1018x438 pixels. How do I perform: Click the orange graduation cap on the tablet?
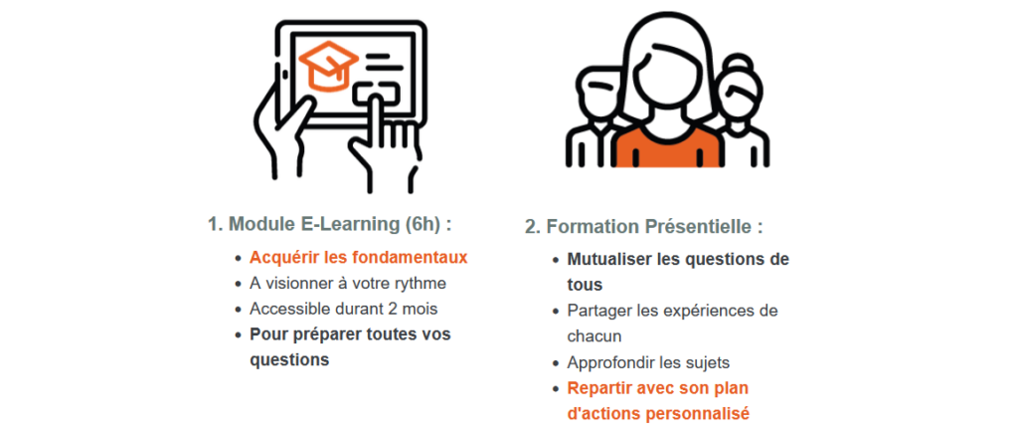(x=328, y=65)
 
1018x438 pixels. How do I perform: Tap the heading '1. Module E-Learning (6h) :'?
(x=330, y=224)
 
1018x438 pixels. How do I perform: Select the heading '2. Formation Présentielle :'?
(x=643, y=227)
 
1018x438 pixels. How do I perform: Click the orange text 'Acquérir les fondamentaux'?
(x=358, y=258)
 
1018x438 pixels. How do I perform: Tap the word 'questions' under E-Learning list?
(x=289, y=360)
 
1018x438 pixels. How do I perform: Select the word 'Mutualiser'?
(x=609, y=259)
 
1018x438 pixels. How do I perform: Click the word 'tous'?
(x=585, y=285)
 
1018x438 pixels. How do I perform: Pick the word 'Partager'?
(x=596, y=312)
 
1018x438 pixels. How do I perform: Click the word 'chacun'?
(x=594, y=336)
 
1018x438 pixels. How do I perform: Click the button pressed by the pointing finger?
(x=378, y=93)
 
